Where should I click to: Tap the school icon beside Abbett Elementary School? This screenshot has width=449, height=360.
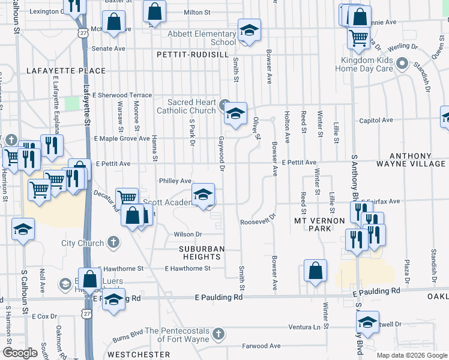pos(249,30)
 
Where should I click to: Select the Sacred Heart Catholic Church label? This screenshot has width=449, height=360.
pos(186,106)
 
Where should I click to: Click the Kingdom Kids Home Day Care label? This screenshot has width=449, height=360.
pos(364,64)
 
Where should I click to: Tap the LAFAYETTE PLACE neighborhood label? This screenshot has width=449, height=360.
pos(66,71)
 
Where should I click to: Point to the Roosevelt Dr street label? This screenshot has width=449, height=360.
pos(258,220)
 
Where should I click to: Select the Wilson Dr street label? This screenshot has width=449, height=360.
pos(187,235)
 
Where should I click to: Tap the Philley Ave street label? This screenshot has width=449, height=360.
pos(175,181)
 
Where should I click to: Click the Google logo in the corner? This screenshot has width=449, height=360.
pos(20,353)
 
